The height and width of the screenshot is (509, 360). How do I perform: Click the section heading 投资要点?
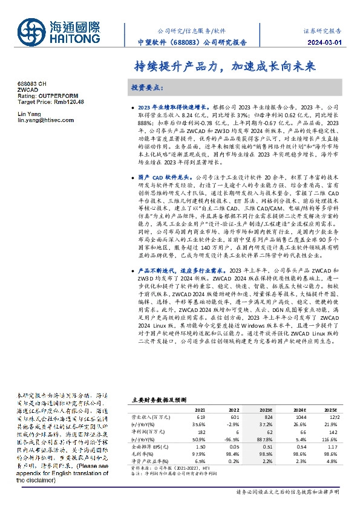148,88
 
